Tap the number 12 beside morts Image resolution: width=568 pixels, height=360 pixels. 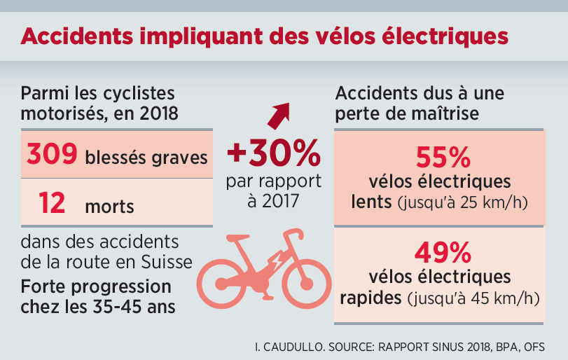click(x=52, y=204)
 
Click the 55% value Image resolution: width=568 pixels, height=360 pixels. click(x=438, y=155)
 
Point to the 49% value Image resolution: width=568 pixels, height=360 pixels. click(x=438, y=250)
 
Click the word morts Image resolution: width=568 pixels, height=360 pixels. click(x=110, y=207)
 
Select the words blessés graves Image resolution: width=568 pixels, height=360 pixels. click(x=146, y=158)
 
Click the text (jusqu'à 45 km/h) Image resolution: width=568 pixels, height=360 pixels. click(x=473, y=298)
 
